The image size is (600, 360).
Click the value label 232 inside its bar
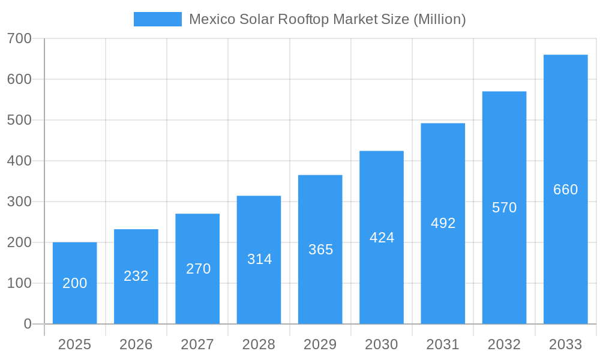[x=136, y=276]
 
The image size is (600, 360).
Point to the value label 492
[x=443, y=223]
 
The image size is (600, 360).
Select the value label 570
[x=504, y=208]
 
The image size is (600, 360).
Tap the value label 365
[x=320, y=250]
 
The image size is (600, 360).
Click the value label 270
[x=198, y=269]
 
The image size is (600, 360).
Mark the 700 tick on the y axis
[x=19, y=38]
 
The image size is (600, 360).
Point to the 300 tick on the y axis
[x=19, y=202]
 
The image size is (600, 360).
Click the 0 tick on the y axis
[x=27, y=324]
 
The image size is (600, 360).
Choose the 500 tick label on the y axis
[x=19, y=120]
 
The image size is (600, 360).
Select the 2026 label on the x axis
[x=136, y=344]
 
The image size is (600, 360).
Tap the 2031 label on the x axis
[x=443, y=344]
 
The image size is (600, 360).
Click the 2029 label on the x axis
[x=320, y=344]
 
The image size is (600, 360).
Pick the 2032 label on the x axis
[x=504, y=344]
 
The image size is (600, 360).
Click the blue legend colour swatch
[x=157, y=19]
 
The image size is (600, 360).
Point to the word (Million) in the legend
[x=440, y=19]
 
